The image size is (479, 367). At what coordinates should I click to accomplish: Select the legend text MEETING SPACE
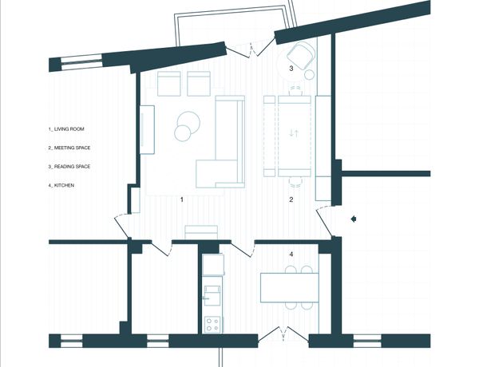click(x=72, y=148)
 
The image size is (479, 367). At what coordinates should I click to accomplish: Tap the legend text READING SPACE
click(x=72, y=167)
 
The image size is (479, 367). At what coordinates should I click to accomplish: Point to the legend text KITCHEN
click(x=64, y=185)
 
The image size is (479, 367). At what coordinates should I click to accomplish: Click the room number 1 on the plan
click(x=182, y=199)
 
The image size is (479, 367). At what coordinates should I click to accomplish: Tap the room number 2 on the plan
click(x=291, y=199)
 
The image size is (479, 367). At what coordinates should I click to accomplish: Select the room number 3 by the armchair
click(x=291, y=69)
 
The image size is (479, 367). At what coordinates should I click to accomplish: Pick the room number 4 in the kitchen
click(x=291, y=254)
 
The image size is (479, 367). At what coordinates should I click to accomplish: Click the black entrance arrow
click(x=354, y=219)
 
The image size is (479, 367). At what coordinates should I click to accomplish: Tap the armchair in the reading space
click(x=301, y=56)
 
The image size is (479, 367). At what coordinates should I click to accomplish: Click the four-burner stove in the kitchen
click(x=213, y=324)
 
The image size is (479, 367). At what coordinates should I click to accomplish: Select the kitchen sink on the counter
click(x=212, y=295)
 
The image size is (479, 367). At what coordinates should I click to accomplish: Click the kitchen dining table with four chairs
click(x=290, y=287)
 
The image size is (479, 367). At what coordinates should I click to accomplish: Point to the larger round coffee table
click(x=188, y=122)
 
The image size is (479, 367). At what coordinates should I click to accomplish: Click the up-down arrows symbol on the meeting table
click(x=294, y=133)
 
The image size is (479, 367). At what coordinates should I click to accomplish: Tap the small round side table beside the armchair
click(x=310, y=74)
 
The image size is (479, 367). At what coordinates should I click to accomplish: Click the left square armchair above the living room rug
click(x=169, y=84)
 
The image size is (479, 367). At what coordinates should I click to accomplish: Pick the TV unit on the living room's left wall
click(x=147, y=130)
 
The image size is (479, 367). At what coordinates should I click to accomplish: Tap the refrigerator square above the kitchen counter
click(x=213, y=264)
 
